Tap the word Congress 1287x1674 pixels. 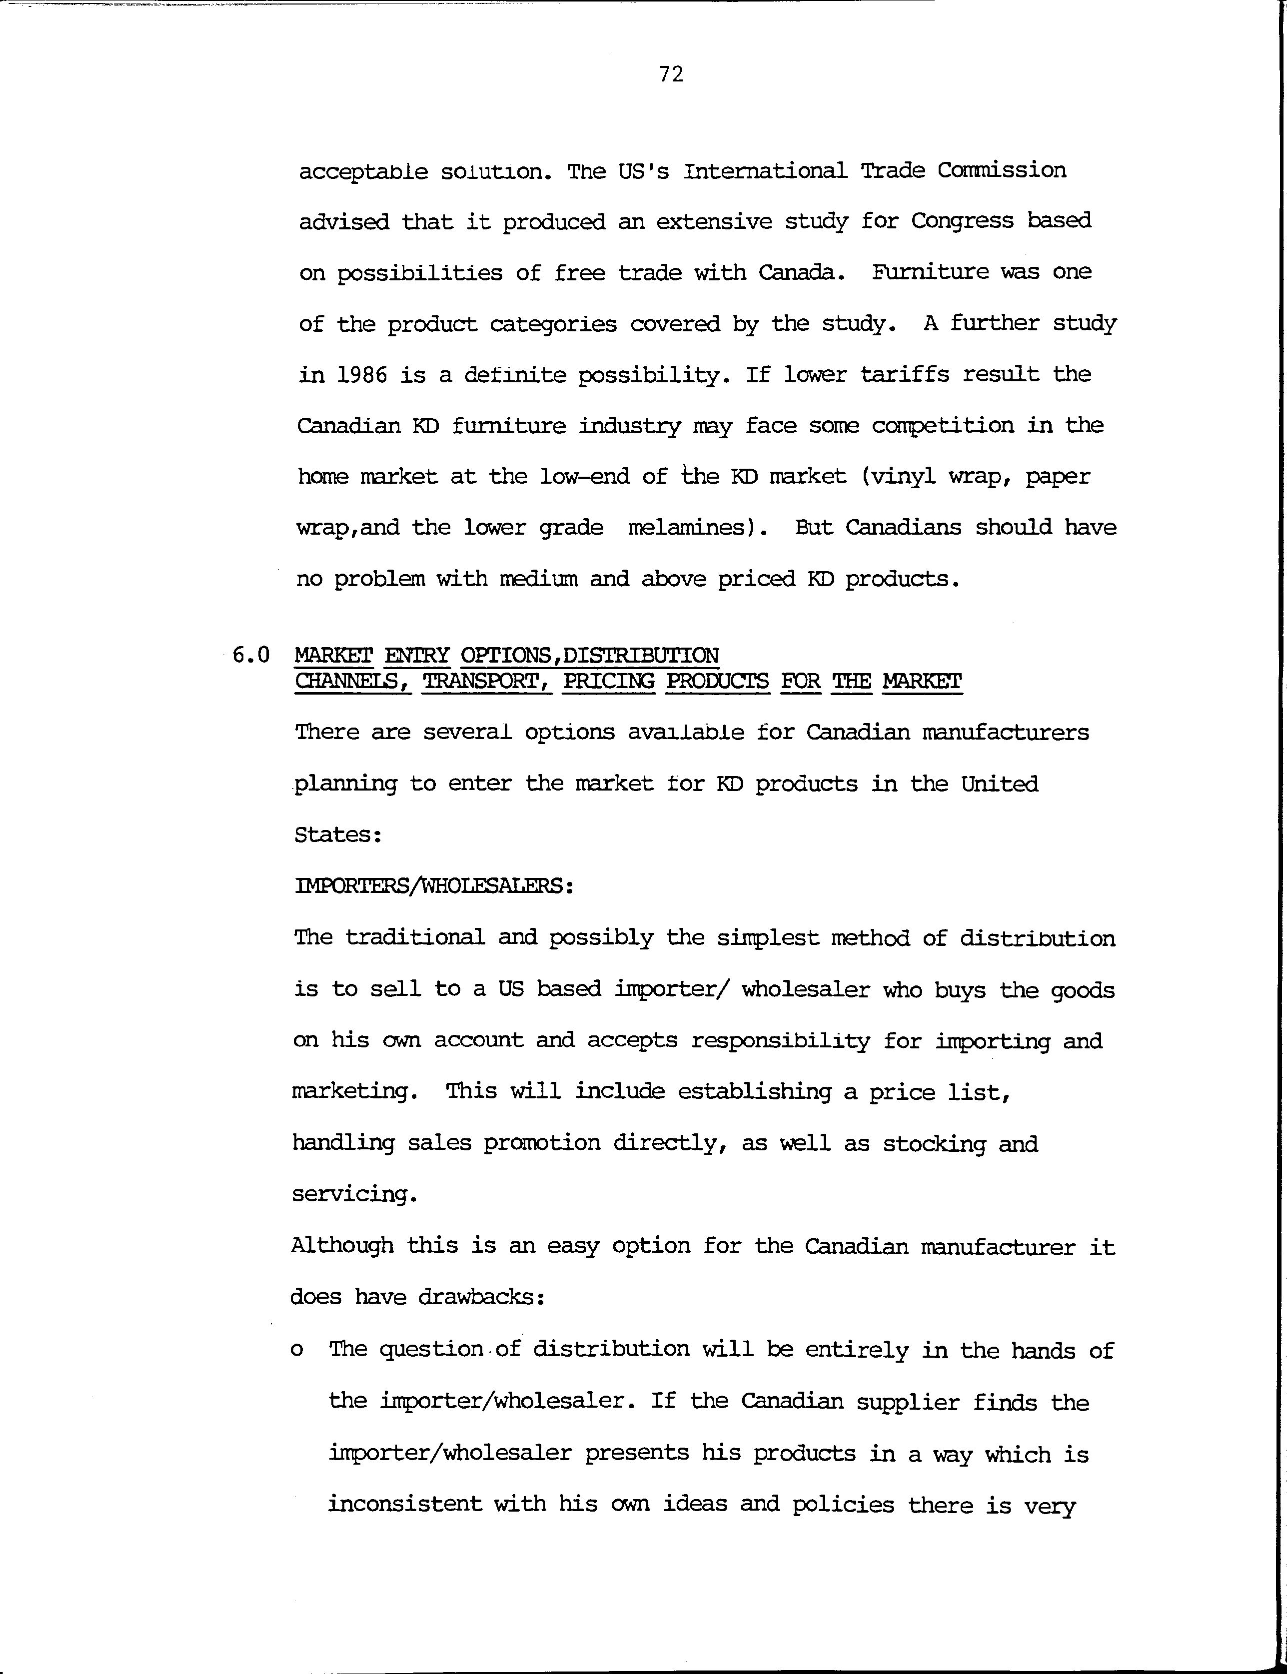(x=962, y=221)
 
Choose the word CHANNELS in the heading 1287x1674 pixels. (x=352, y=682)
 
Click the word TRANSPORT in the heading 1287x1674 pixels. (x=487, y=682)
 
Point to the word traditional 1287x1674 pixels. (x=414, y=937)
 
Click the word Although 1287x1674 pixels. (x=342, y=1246)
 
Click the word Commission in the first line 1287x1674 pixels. (x=1001, y=170)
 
